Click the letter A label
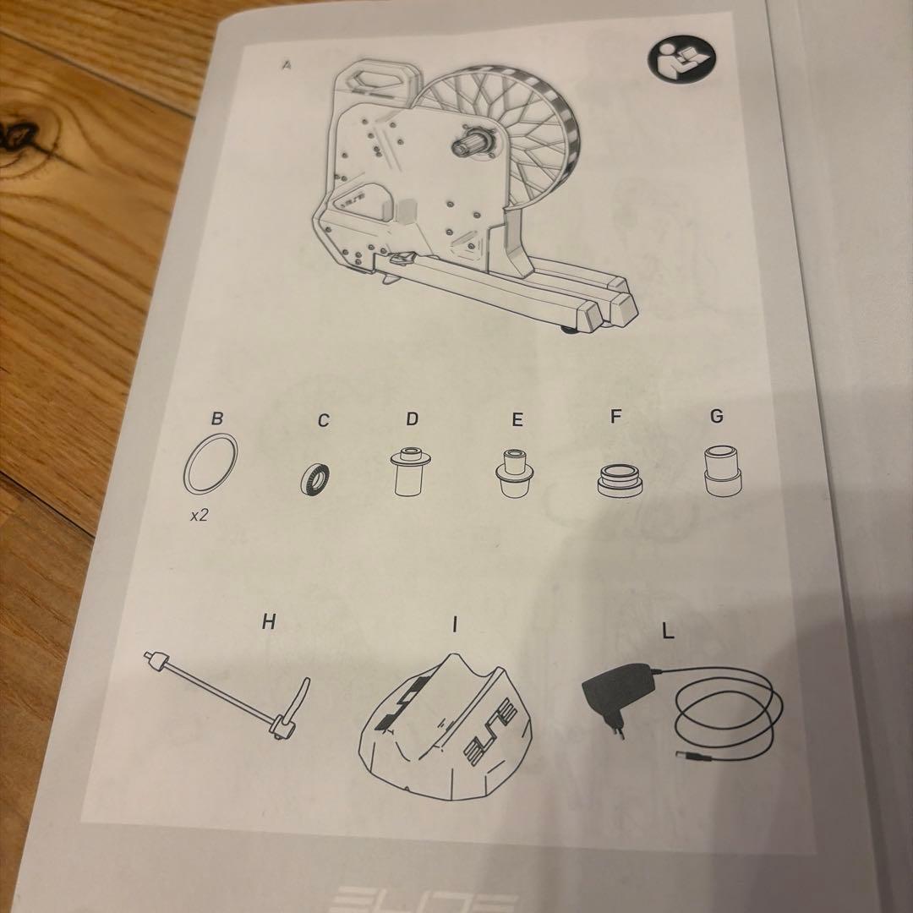coord(286,65)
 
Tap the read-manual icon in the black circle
coord(682,59)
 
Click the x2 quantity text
coord(200,516)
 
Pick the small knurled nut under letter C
coord(315,479)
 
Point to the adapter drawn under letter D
coord(411,471)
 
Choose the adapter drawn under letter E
coord(514,473)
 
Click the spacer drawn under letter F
coord(620,479)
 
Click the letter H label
coord(268,622)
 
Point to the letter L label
coord(668,631)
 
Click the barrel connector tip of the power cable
coord(685,757)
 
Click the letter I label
coord(455,625)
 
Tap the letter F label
coord(615,417)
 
